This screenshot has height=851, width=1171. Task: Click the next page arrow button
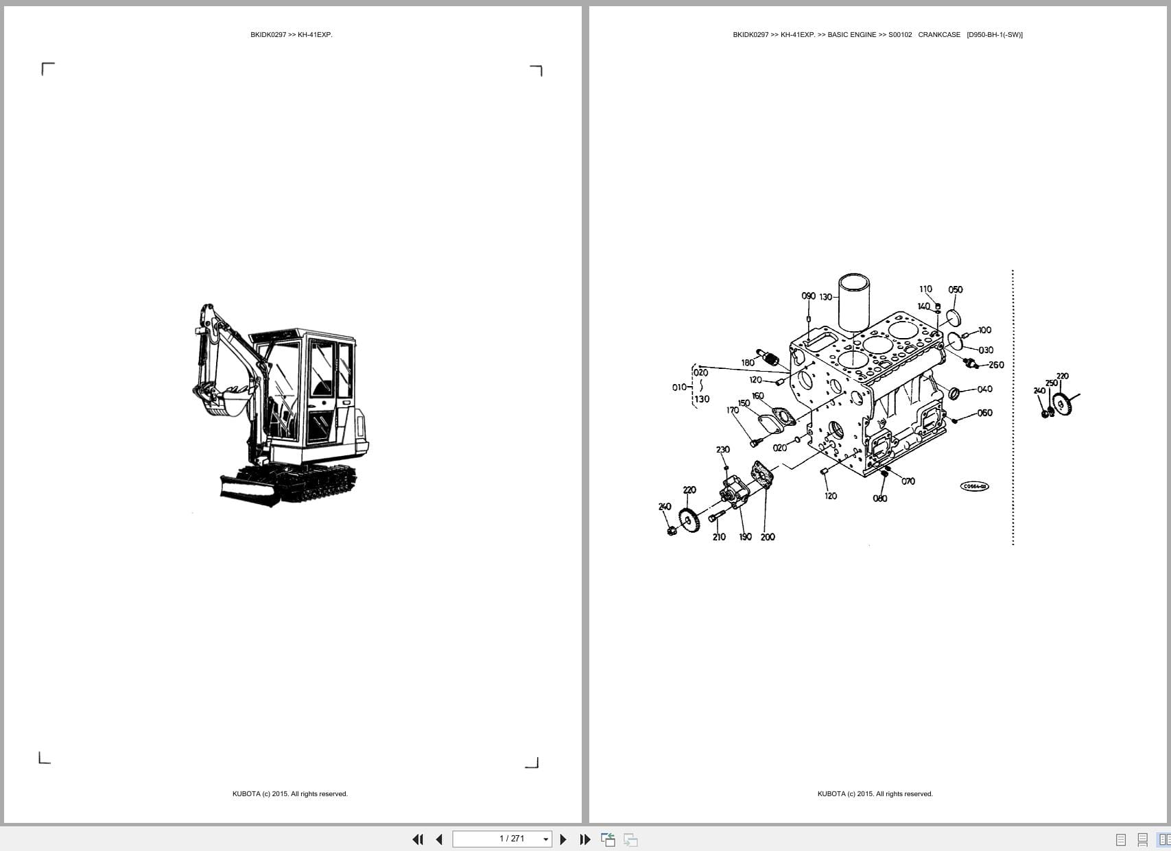click(x=563, y=839)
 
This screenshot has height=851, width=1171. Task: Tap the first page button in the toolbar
click(x=417, y=839)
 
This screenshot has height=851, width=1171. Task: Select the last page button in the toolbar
click(x=585, y=839)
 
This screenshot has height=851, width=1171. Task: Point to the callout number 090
click(x=808, y=296)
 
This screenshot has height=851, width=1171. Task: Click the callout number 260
click(x=996, y=365)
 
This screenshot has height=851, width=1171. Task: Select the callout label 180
click(x=748, y=363)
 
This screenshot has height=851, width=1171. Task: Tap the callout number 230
click(x=723, y=450)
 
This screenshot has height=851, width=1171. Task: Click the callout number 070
click(x=908, y=481)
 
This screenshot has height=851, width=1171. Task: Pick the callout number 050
click(x=955, y=289)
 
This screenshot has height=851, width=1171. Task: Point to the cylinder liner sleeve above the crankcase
click(x=854, y=302)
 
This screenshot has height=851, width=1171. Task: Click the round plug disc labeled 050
click(x=951, y=318)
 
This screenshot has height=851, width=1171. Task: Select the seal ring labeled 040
click(x=954, y=393)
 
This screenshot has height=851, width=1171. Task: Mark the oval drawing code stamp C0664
click(x=974, y=486)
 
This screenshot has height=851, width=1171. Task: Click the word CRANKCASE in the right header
click(x=939, y=35)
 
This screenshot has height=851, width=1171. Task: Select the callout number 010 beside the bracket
click(x=678, y=387)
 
